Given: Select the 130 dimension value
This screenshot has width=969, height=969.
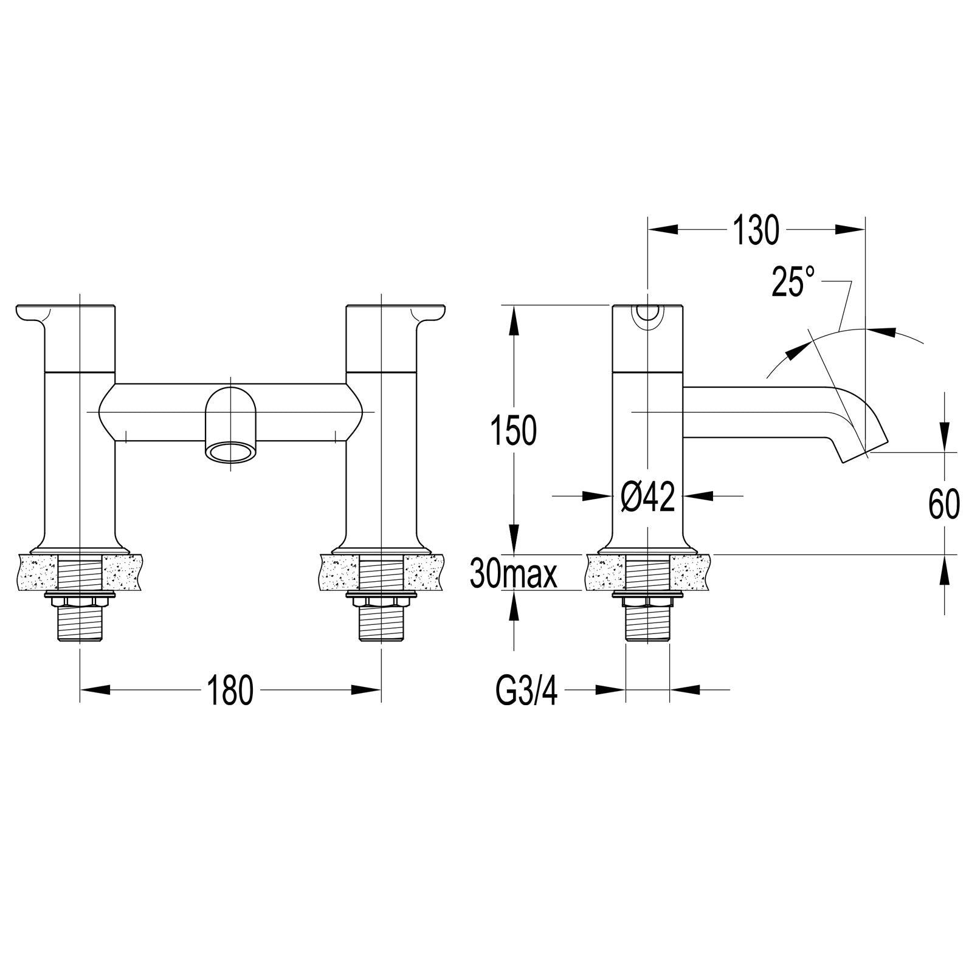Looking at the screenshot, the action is coord(755,230).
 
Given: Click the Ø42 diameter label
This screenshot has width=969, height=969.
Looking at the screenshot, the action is coord(647,497).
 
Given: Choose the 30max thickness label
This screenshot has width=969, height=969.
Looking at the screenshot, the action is coord(514,574).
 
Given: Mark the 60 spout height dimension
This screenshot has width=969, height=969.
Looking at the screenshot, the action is coord(944,503).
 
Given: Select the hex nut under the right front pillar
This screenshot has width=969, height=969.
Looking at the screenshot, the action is coord(381,601).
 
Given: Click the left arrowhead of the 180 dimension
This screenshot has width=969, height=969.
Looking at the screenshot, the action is coord(95,689).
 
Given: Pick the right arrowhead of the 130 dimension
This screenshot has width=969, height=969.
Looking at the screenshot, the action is coord(850,229).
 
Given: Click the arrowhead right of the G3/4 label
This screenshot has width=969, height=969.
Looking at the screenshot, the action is coord(685,689).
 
